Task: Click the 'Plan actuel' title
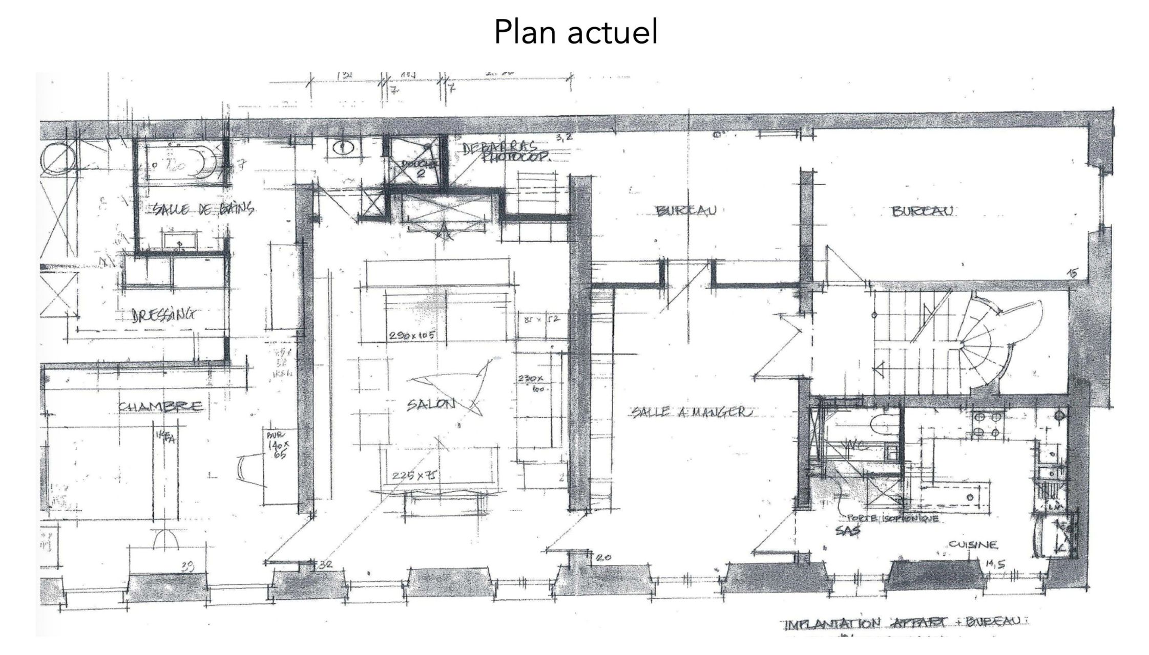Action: point(575,33)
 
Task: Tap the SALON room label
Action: point(431,405)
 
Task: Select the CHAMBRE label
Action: point(160,407)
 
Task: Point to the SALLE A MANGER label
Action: point(692,412)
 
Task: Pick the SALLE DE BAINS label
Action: point(203,209)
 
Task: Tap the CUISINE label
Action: point(973,544)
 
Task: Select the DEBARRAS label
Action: point(499,148)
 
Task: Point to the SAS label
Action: point(848,531)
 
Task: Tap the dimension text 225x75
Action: point(414,475)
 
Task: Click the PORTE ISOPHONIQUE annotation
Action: point(891,519)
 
